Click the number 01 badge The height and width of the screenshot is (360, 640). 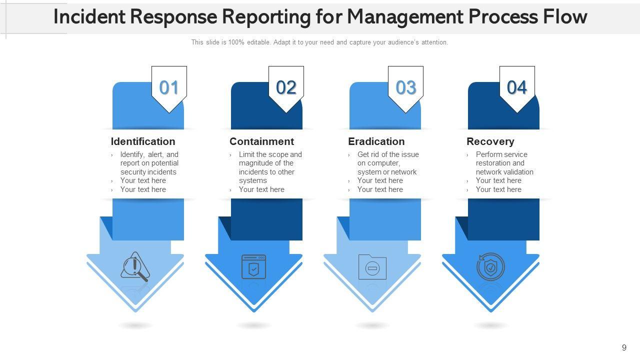pos(169,88)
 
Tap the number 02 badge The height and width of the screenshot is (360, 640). pos(286,88)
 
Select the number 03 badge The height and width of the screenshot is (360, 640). pos(405,88)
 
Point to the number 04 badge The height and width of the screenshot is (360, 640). pos(517,88)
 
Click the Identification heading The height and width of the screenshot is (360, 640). pos(143,141)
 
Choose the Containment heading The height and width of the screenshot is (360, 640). pos(261,141)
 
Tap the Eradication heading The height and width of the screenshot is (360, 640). pos(376,141)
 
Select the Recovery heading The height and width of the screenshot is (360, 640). pos(490,141)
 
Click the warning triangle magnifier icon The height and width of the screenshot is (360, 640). pos(135,267)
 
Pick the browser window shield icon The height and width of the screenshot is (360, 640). pos(254,266)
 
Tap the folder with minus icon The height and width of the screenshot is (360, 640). pos(372,267)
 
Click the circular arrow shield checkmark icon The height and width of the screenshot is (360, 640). pos(490,267)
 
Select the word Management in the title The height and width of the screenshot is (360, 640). pos(404,17)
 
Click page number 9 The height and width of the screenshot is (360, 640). pos(624,347)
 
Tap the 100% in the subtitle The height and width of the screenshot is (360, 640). pos(236,42)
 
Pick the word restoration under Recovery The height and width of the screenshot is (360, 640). pos(493,163)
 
